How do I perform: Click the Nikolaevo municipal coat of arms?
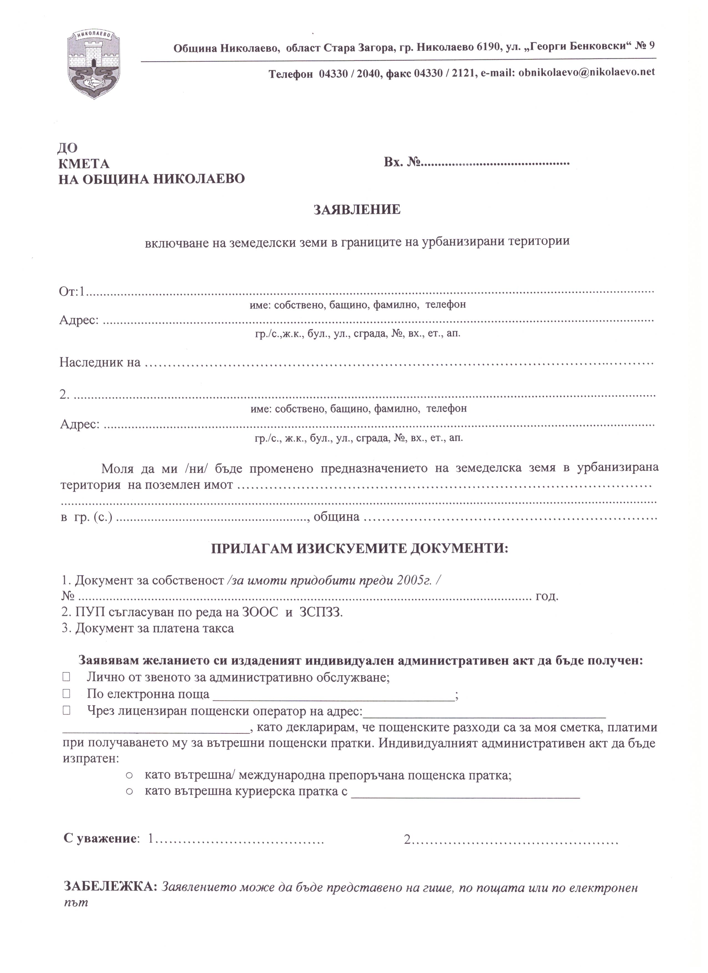(x=93, y=64)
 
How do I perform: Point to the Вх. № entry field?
(x=495, y=164)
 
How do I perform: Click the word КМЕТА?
(x=84, y=164)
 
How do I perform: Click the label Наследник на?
(x=100, y=363)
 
